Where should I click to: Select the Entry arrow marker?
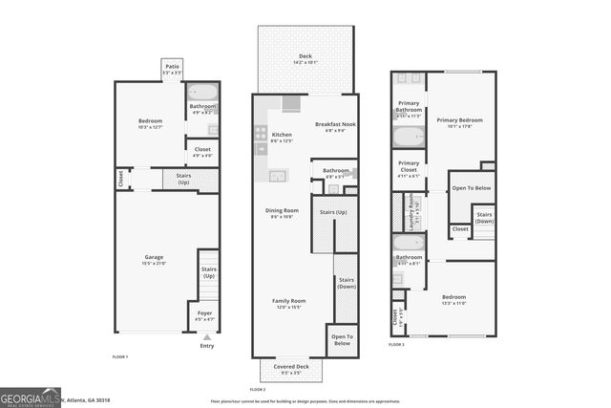pyautogui.click(x=207, y=336)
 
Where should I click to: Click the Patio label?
pyautogui.click(x=171, y=69)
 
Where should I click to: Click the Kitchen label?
pyautogui.click(x=282, y=137)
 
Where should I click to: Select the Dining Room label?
pyautogui.click(x=282, y=212)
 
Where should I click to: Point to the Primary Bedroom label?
pyautogui.click(x=459, y=121)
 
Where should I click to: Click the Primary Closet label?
pyautogui.click(x=408, y=164)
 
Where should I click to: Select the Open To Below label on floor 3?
pyautogui.click(x=470, y=187)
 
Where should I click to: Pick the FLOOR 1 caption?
pyautogui.click(x=119, y=355)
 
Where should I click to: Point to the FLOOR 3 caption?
pyautogui.click(x=396, y=345)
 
